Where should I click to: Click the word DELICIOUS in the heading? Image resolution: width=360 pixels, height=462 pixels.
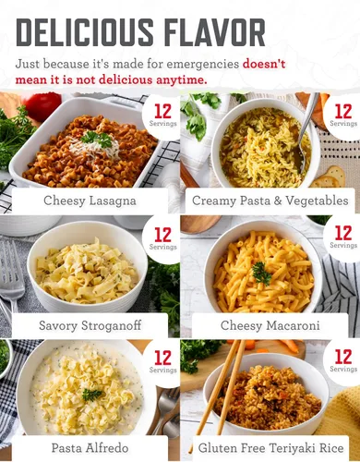click(84, 32)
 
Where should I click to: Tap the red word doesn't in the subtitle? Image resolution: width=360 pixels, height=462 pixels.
click(264, 64)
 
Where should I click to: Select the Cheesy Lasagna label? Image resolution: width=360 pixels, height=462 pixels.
click(90, 201)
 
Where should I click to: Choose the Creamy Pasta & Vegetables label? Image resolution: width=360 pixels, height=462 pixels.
click(270, 201)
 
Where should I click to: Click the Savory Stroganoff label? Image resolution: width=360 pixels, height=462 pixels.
click(90, 325)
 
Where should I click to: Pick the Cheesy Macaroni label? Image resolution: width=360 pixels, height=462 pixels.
click(270, 325)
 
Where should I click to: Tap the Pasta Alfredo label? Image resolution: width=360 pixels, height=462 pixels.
click(90, 447)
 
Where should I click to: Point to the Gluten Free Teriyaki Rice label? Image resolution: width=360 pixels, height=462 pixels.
click(270, 447)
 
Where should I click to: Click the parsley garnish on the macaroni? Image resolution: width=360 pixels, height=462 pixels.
click(261, 274)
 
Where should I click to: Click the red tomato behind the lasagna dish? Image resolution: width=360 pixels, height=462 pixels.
click(43, 104)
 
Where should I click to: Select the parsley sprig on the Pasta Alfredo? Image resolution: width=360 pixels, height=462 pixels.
click(92, 395)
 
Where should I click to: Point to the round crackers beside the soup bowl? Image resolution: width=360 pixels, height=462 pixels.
click(330, 177)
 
